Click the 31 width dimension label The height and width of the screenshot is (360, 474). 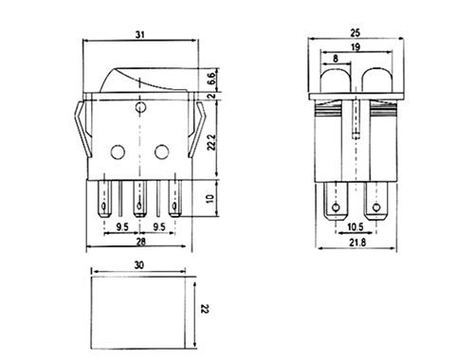tap(140, 34)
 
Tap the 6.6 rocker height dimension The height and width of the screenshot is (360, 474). tap(212, 78)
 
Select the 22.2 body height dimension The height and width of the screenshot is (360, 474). tap(212, 142)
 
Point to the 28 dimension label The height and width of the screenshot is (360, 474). tap(141, 242)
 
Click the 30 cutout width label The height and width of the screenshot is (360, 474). tap(139, 265)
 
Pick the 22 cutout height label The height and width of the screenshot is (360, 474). tap(205, 309)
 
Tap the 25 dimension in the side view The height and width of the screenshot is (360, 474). tap(355, 32)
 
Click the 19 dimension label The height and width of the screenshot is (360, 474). tap(355, 47)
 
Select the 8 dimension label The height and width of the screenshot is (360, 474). tap(336, 58)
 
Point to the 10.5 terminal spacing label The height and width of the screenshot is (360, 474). tap(355, 226)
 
